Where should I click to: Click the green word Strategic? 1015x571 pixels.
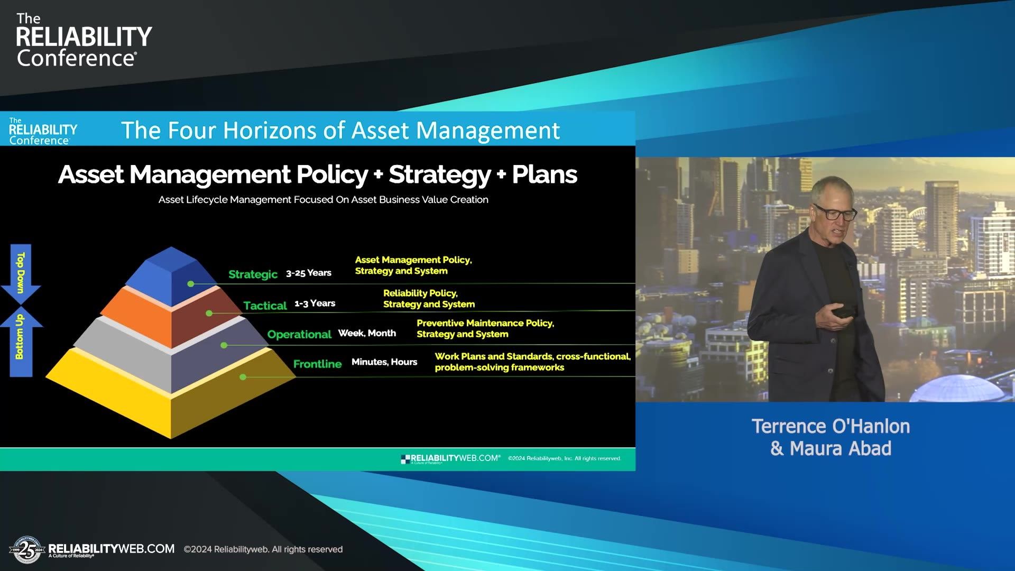coord(253,274)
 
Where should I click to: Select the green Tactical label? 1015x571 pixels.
coord(265,305)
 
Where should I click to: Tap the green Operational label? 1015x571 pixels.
coord(299,334)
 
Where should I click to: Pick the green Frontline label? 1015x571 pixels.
coord(317,364)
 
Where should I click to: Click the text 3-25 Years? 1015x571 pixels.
coord(308,273)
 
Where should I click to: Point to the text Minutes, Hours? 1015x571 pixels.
coord(384,362)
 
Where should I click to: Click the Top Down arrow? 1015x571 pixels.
coord(21,272)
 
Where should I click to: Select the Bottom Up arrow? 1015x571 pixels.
coord(21,341)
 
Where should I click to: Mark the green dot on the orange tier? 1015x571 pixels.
coord(209,314)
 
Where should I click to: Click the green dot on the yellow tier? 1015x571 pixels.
coord(243,377)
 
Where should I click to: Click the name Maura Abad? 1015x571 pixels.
coord(840,448)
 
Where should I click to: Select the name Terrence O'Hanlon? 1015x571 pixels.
coord(831,426)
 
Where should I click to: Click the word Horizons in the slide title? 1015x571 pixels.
coord(269,130)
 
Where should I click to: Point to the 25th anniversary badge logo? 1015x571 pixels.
coord(26,550)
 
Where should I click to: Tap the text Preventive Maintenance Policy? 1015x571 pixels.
coord(485,323)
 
